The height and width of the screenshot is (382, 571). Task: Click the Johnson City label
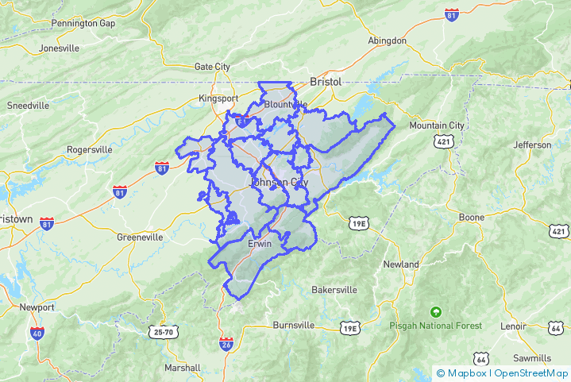pos(279,183)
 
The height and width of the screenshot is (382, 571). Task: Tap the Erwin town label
pos(260,244)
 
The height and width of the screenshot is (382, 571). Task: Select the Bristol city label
pos(325,82)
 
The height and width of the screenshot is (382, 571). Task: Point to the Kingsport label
pos(218,98)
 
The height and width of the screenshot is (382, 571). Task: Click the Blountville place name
pos(285,104)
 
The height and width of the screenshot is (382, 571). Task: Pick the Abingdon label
pos(388,41)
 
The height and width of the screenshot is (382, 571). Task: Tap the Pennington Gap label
pos(83,23)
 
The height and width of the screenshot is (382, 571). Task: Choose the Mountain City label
pos(436,125)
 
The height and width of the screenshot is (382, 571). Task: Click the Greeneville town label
pos(140,237)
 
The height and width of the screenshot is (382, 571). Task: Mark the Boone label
pos(472,217)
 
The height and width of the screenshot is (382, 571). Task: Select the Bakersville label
pos(334,290)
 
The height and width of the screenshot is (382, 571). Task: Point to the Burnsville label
pos(294,326)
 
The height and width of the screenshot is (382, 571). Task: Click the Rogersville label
pos(90,149)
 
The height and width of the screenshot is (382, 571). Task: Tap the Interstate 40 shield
pos(37,334)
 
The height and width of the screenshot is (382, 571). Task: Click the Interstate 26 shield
pos(226,343)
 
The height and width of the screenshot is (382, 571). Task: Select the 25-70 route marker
pos(164,332)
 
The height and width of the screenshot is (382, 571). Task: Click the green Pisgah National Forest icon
pos(434,311)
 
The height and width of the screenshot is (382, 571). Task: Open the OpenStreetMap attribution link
pos(530,372)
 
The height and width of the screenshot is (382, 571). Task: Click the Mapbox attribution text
pos(467,372)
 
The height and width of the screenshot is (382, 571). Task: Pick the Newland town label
pos(401,264)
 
